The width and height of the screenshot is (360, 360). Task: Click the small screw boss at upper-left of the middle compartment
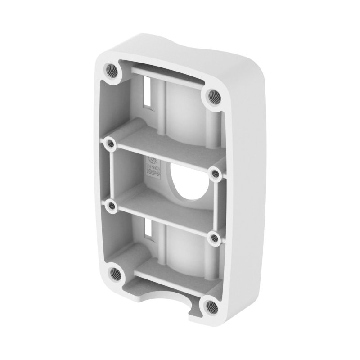(108, 144)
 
